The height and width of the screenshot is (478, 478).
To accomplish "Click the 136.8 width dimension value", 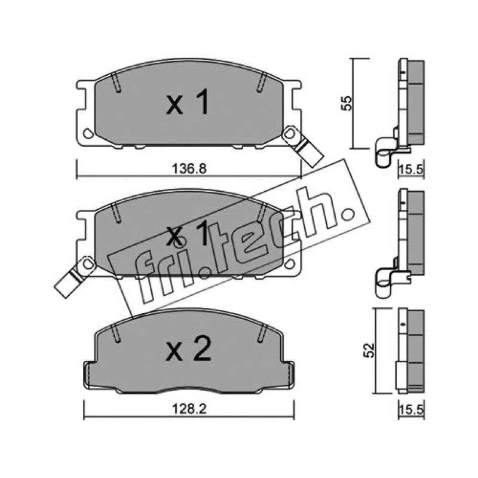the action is (189, 168).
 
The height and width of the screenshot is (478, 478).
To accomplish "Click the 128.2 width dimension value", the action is (189, 409).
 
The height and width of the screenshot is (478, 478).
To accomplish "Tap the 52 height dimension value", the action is (369, 350).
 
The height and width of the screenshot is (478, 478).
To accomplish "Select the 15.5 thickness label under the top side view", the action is (411, 169).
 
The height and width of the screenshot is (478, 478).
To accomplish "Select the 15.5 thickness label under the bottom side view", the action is (411, 410).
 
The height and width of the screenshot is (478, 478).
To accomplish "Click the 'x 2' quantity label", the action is (188, 350).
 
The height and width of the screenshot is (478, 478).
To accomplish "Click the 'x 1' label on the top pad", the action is (188, 102).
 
